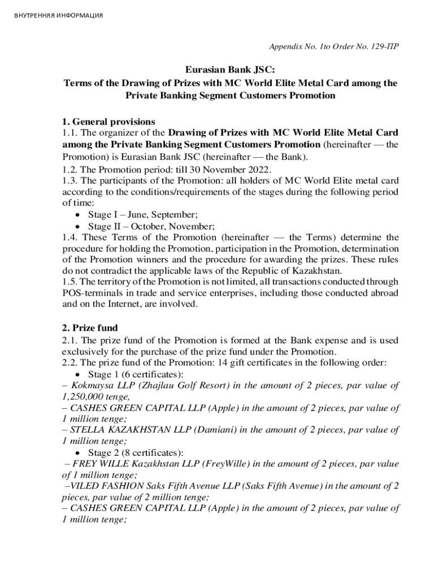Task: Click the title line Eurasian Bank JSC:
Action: click(x=230, y=70)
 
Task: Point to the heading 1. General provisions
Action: click(x=108, y=122)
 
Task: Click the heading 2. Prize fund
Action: click(x=90, y=328)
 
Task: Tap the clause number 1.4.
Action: click(x=70, y=237)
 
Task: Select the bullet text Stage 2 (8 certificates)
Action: click(x=136, y=452)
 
